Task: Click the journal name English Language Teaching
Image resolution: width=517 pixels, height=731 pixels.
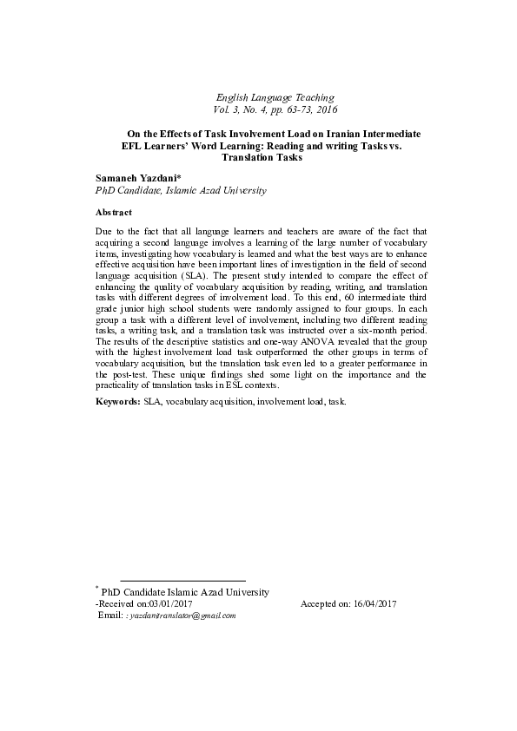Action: pos(274,97)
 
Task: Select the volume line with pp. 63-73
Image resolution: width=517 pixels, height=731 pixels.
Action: pos(274,110)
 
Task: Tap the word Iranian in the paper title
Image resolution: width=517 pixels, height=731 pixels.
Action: pos(341,135)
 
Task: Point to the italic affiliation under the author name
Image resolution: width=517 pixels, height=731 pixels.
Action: pos(180,189)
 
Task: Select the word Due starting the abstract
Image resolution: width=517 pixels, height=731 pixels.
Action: pos(105,233)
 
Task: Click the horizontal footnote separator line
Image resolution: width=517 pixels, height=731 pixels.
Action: pos(182,580)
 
